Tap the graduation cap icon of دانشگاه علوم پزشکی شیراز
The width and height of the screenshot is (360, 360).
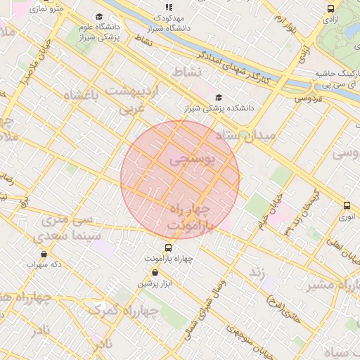tap(98, 17)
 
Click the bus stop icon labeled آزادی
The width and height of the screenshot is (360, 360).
tap(330, 8)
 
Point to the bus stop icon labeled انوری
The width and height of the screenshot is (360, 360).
tap(347, 205)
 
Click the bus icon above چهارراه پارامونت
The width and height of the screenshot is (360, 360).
tap(167, 247)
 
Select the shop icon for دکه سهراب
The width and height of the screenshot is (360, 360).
tap(44, 254)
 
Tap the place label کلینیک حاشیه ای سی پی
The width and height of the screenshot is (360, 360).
tap(336, 79)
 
